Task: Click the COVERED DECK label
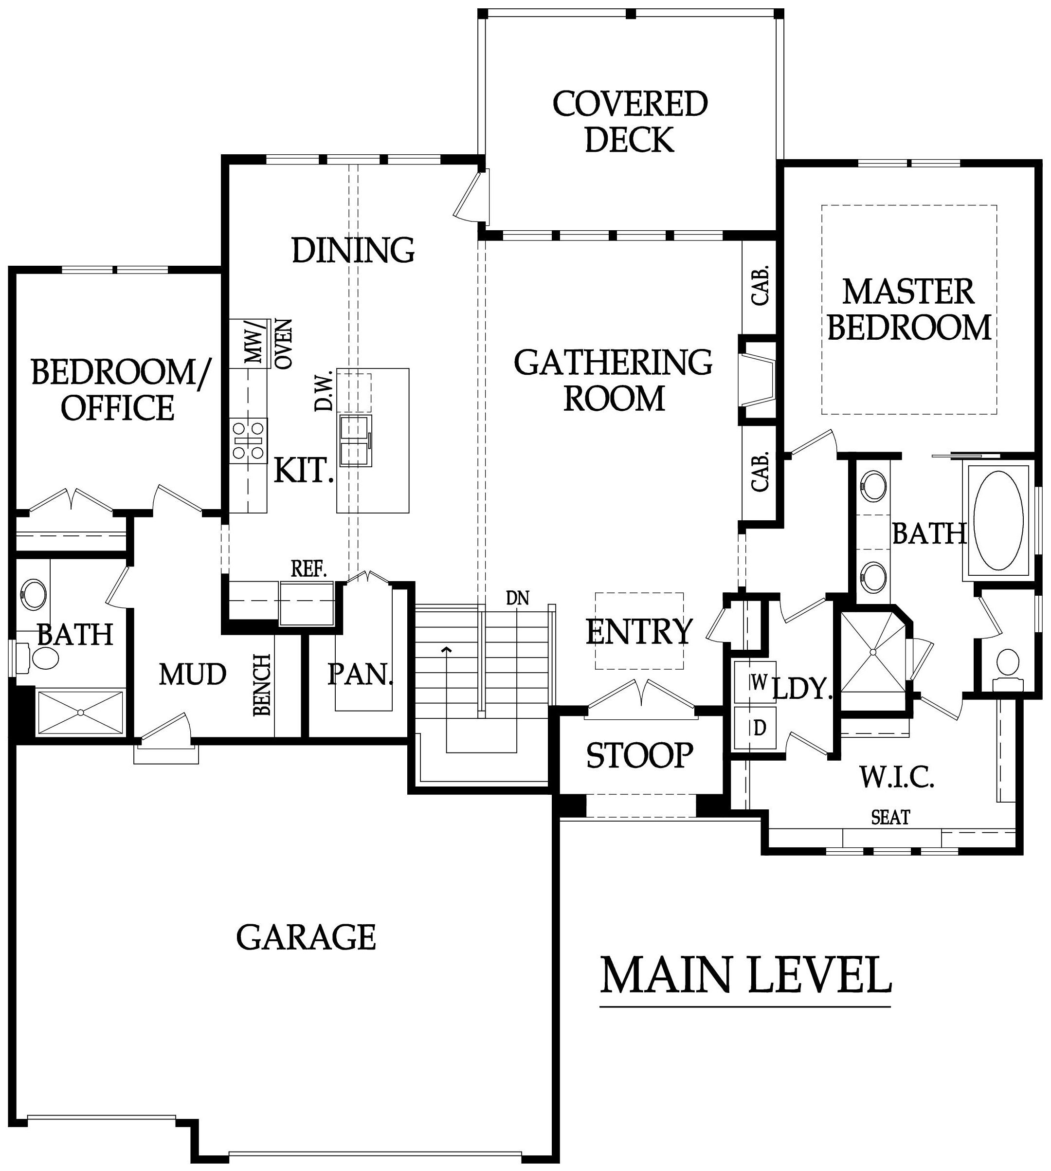tap(630, 122)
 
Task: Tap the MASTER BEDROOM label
tap(909, 309)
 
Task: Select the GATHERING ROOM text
tap(613, 380)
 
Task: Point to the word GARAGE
tap(306, 936)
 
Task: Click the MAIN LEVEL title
tap(745, 974)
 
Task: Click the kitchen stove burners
tap(249, 441)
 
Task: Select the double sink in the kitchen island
tap(355, 440)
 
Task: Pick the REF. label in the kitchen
tap(309, 569)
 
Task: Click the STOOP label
tap(640, 754)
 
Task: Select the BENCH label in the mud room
tap(262, 685)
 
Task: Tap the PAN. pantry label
tap(361, 674)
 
